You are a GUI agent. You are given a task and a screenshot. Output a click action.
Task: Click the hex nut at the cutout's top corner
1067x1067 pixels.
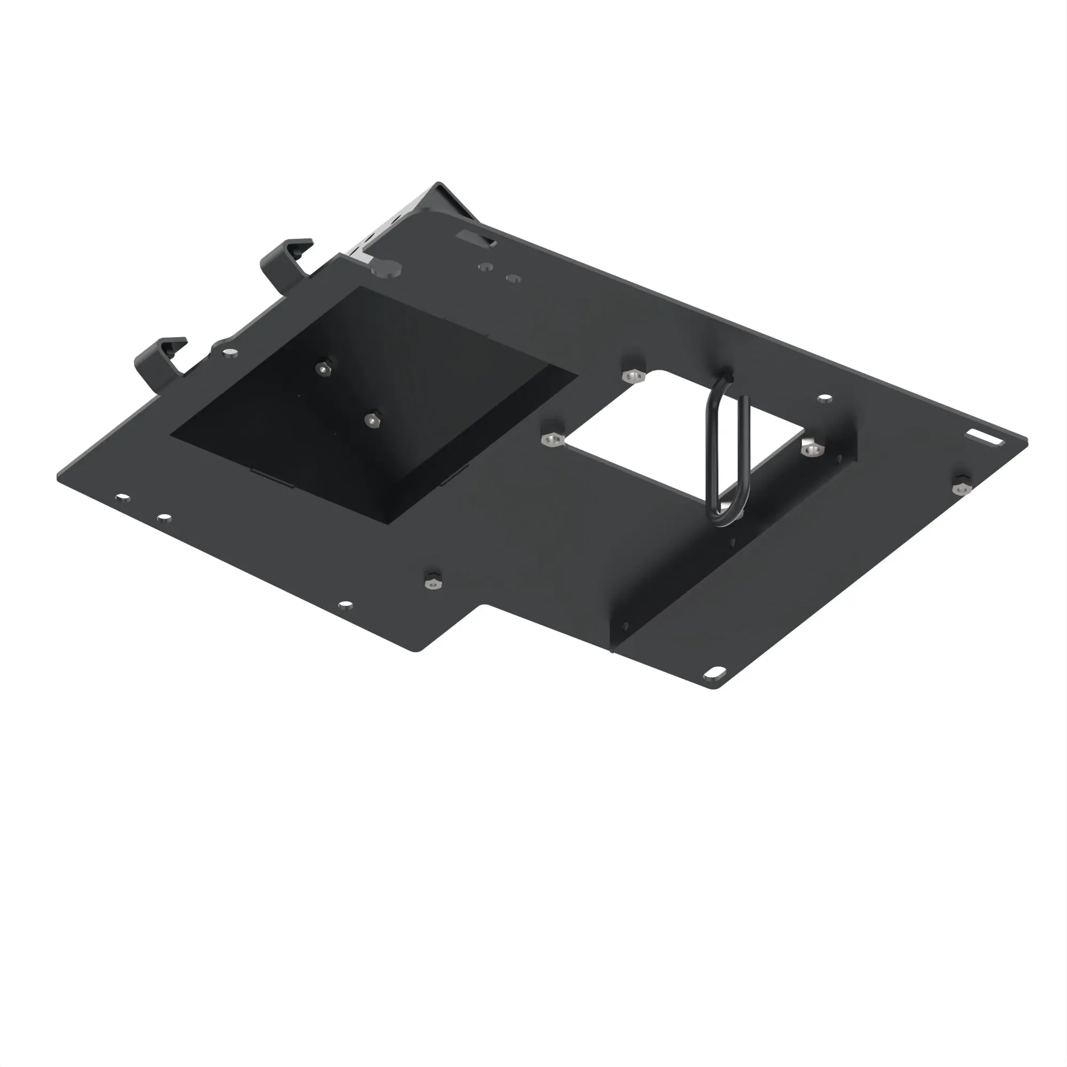click(x=632, y=376)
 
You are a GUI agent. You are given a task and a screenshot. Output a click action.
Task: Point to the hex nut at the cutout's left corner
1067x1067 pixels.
click(x=552, y=439)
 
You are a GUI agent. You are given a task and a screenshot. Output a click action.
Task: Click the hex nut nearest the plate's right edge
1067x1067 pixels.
click(x=961, y=485)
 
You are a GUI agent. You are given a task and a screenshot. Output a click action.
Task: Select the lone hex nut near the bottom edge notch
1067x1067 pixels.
click(x=433, y=580)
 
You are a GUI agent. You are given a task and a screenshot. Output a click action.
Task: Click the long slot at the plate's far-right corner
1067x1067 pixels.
click(x=987, y=438)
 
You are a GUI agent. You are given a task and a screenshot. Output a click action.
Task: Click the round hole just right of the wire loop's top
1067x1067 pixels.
click(x=825, y=397)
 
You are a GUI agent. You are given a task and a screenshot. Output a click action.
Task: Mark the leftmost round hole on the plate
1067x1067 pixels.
click(x=123, y=498)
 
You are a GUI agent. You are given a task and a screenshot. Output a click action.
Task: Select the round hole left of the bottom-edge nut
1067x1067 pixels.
click(x=345, y=606)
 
